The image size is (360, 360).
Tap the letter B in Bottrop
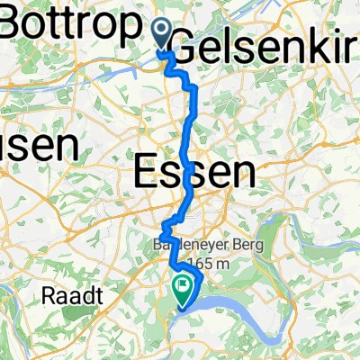point(16,25)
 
